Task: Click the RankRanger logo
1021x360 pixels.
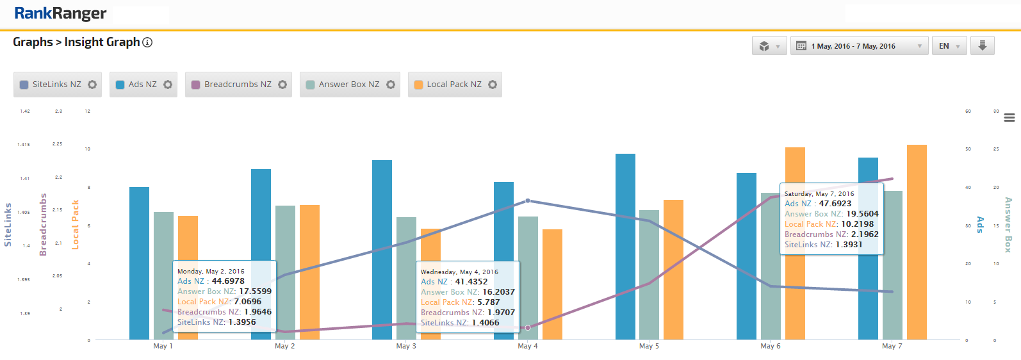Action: coord(60,13)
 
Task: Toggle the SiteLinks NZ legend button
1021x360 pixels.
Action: coord(51,85)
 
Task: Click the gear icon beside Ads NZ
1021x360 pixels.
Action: coord(168,85)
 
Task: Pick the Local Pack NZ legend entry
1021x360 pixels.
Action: coord(448,85)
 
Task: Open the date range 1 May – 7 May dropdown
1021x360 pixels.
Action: coord(859,46)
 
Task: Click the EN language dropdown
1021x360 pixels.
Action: coord(949,46)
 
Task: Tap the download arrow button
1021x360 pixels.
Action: coord(982,45)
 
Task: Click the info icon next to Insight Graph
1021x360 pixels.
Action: coord(147,42)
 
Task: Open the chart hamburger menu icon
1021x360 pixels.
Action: coord(1009,118)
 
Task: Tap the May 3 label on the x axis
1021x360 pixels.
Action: coord(406,346)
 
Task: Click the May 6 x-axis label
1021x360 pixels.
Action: coord(771,346)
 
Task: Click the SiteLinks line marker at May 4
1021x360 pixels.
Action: coord(528,200)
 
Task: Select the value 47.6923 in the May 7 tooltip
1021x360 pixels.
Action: coord(835,204)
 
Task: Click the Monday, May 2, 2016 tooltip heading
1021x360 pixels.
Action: coord(211,272)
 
